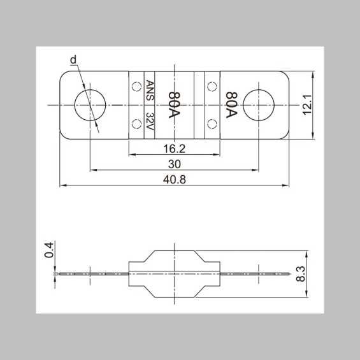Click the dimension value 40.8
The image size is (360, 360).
click(x=174, y=180)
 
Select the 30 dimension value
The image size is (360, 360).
click(x=175, y=164)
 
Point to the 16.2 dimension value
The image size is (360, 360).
click(x=174, y=148)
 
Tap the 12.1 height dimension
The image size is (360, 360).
click(x=306, y=104)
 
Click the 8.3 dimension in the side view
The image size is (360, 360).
click(x=301, y=275)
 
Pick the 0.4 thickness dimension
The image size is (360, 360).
click(x=49, y=250)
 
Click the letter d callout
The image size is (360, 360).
click(x=73, y=60)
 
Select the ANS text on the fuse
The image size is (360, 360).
click(x=150, y=89)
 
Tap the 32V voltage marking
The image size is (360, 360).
click(x=150, y=121)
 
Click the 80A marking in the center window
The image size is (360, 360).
click(x=173, y=104)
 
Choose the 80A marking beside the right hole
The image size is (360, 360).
click(x=231, y=104)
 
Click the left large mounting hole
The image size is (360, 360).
click(x=90, y=104)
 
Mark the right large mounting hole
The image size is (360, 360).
click(x=259, y=104)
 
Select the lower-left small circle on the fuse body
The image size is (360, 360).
click(x=135, y=124)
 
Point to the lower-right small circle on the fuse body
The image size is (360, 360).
click(x=212, y=124)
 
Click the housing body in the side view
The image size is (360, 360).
click(x=174, y=274)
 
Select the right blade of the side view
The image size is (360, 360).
click(x=255, y=274)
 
